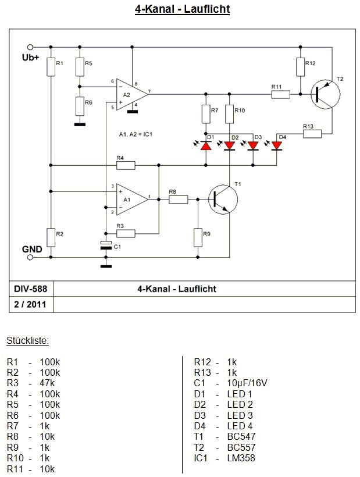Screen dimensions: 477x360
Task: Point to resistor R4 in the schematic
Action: pyautogui.click(x=126, y=166)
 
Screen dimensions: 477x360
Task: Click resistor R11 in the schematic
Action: pyautogui.click(x=280, y=93)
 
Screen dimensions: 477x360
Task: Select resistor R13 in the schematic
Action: pyautogui.click(x=312, y=134)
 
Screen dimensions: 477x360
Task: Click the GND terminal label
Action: pyautogui.click(x=31, y=249)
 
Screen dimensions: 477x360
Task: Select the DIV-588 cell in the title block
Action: pyautogui.click(x=31, y=288)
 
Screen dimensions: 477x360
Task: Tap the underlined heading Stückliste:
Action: pyautogui.click(x=27, y=340)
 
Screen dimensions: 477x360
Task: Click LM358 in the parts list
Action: pyautogui.click(x=241, y=458)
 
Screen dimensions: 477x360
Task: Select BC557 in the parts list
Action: pyautogui.click(x=241, y=447)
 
